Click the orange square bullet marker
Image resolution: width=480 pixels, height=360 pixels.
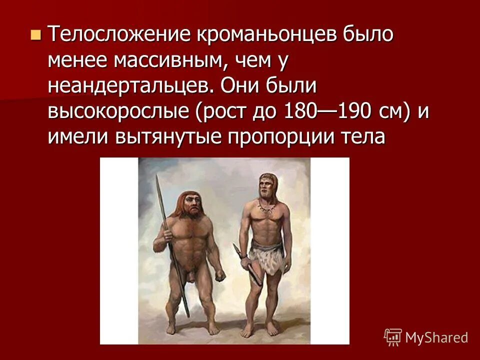point(34,35)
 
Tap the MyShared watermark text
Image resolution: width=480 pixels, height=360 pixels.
point(436,338)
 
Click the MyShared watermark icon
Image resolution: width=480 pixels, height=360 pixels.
point(392,337)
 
